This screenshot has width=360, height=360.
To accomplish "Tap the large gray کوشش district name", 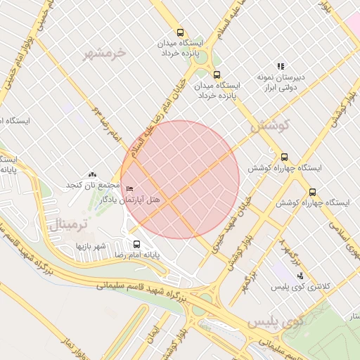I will pos(265,127).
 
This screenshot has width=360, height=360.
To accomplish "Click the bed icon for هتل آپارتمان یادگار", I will pos(128,190).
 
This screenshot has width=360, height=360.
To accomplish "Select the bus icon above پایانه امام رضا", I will pos(136,245).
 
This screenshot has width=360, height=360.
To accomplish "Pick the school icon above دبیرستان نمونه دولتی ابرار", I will pos(281,67).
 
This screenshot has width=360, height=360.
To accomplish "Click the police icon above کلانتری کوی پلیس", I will pos(281,276).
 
